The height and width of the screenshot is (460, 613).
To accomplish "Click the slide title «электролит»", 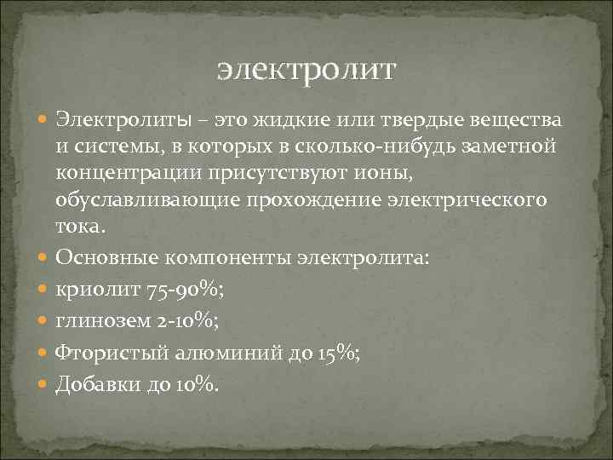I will tap(306, 67).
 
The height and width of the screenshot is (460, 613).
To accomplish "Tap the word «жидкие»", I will tap(284, 117).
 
